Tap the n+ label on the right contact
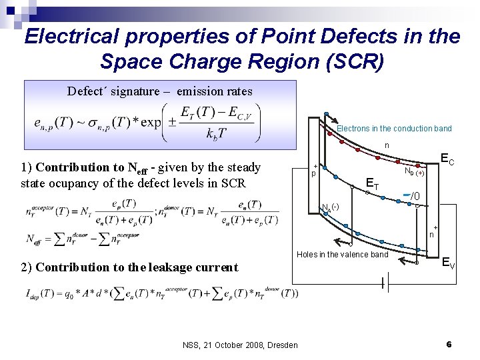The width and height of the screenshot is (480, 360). pos(432,233)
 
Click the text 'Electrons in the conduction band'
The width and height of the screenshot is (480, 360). pos(394,129)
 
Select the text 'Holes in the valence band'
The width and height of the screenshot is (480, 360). pos(342,254)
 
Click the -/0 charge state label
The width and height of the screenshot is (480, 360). pos(413,196)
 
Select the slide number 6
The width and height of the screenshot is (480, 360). pos(449,344)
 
